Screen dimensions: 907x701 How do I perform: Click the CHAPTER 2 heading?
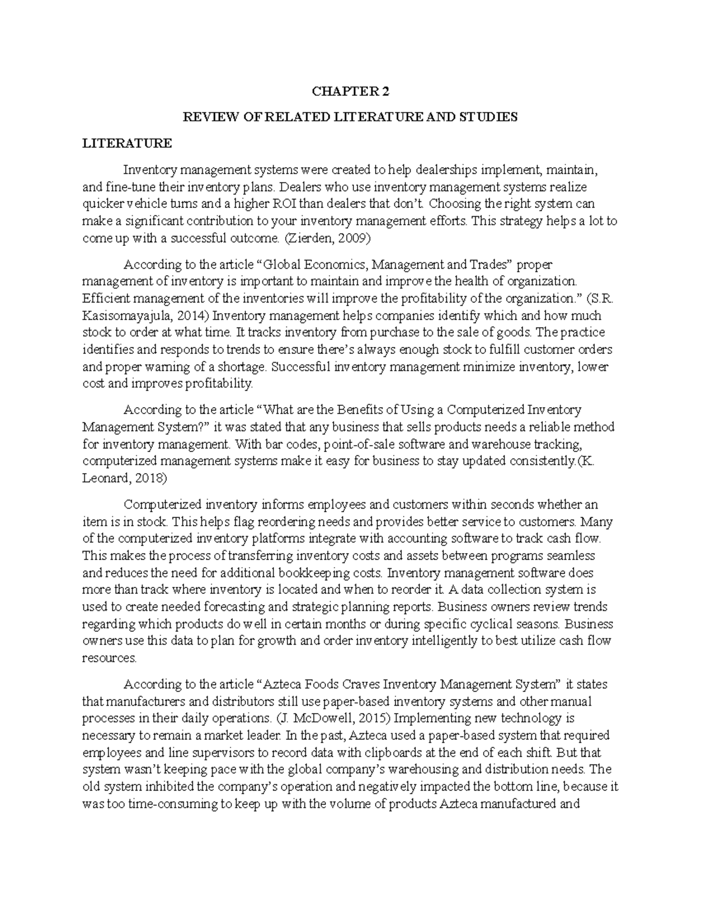(350, 92)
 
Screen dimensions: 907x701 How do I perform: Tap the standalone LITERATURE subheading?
(127, 143)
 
